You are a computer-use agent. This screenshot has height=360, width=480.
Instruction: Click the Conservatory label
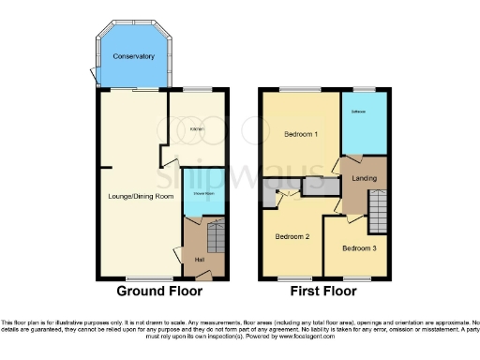(x=133, y=57)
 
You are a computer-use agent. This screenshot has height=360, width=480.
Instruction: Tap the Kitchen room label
(x=198, y=128)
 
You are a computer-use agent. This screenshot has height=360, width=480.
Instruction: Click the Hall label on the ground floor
(x=199, y=259)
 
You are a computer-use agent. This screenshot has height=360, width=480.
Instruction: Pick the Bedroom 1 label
(x=301, y=134)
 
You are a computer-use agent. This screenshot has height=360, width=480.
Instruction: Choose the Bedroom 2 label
(x=292, y=236)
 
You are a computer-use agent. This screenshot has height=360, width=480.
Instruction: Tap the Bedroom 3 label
(x=359, y=248)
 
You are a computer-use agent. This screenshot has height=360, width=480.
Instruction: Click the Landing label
(x=364, y=177)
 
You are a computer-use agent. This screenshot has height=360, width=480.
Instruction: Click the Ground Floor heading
(x=158, y=292)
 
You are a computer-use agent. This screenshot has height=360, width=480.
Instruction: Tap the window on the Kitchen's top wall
(x=197, y=90)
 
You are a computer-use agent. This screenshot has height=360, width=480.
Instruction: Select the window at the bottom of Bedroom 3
(x=355, y=278)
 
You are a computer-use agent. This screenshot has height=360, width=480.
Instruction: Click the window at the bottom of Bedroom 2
(x=292, y=278)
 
